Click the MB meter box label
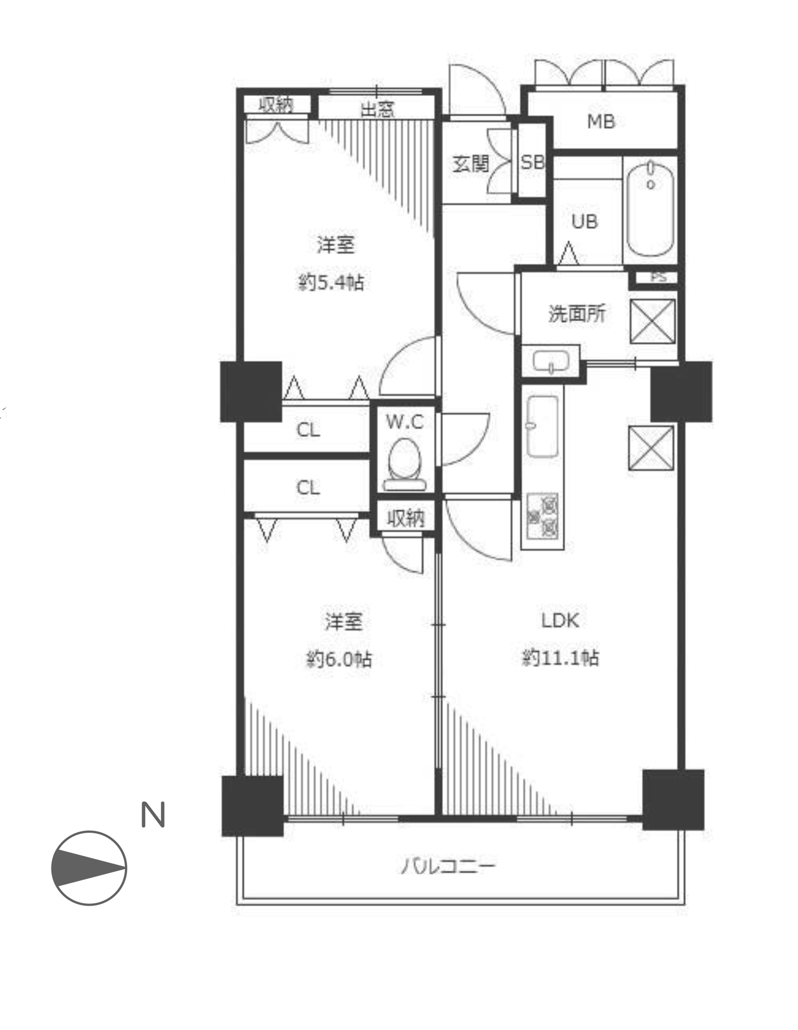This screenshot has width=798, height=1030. (x=601, y=122)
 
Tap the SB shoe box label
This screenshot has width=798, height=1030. (x=532, y=162)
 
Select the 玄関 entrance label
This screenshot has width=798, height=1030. (x=471, y=164)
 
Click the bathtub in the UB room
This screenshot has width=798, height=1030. (x=651, y=210)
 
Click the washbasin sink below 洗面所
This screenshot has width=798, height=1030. (x=551, y=360)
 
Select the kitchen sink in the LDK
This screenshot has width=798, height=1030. (x=542, y=426)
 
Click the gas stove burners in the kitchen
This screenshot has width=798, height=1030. (x=543, y=516)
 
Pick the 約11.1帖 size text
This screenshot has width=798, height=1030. (x=560, y=657)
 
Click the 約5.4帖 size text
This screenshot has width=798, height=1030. (x=331, y=281)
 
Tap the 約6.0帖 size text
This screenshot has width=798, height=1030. (x=339, y=658)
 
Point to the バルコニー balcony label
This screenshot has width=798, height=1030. (x=448, y=866)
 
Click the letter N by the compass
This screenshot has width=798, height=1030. (x=152, y=816)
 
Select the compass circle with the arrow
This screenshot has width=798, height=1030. (x=89, y=869)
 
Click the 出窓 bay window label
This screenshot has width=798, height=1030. (x=377, y=109)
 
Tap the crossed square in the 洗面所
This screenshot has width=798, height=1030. (x=652, y=321)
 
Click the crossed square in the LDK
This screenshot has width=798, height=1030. (x=651, y=448)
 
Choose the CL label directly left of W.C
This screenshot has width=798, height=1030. (x=308, y=429)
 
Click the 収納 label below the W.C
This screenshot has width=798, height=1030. (x=406, y=517)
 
